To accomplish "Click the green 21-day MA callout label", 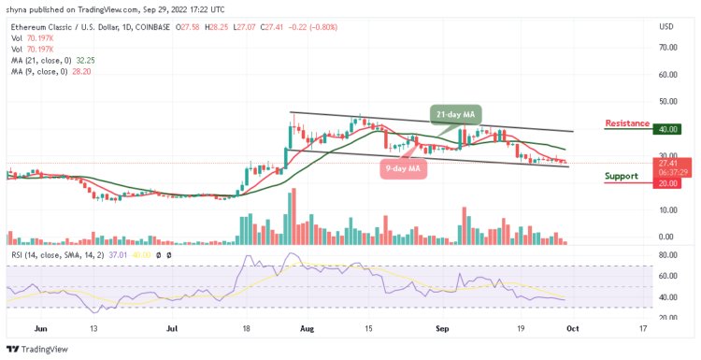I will click(455, 114).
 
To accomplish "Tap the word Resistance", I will click(628, 122).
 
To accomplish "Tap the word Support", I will click(622, 176).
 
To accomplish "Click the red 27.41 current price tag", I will click(668, 162).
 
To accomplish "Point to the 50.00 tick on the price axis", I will click(667, 102).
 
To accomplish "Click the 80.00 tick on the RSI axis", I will click(667, 253).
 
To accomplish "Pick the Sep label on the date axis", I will click(440, 329).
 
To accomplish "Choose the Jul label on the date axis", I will click(173, 329).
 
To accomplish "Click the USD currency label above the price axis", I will click(667, 25).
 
